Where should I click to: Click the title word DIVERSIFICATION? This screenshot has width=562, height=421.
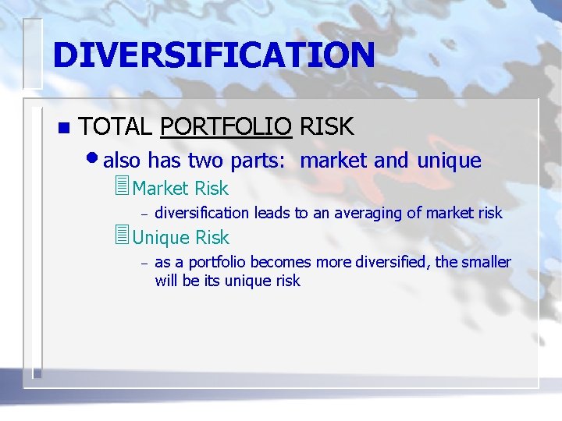[x=214, y=55]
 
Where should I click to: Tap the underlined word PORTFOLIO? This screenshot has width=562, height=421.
[x=226, y=126]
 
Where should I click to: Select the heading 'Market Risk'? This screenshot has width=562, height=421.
[x=180, y=189]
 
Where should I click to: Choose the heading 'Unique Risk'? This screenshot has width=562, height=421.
[x=181, y=238]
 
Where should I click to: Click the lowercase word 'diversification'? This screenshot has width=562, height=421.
[x=201, y=213]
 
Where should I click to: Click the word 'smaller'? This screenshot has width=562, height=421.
[x=486, y=262]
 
